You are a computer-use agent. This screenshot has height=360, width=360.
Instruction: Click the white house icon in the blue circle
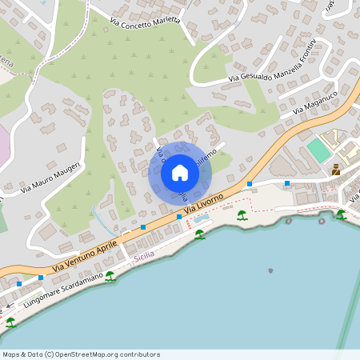click(x=179, y=173)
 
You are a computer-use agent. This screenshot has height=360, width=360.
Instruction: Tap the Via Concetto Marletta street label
click(x=145, y=20)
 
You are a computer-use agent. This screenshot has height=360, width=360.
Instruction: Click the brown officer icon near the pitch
click(x=336, y=170)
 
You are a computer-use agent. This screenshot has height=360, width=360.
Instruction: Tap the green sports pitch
click(x=318, y=150)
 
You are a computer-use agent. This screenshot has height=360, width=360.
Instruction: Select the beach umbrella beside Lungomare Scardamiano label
click(x=110, y=276)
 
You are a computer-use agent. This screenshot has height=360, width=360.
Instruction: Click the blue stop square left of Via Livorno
click(x=178, y=217)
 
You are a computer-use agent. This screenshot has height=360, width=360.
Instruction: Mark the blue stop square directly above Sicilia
click(x=142, y=228)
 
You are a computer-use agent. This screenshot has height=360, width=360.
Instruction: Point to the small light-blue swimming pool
click(x=202, y=218)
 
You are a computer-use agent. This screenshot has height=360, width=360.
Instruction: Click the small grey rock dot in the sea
click(x=270, y=270)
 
